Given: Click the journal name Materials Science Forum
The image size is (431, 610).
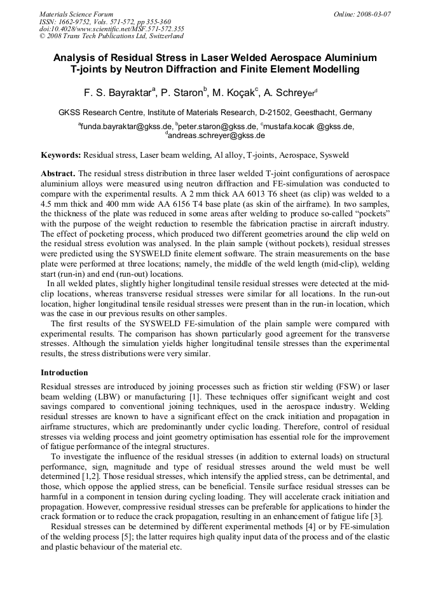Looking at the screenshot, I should [76, 14].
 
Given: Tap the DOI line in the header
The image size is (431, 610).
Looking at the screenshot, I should [112, 29].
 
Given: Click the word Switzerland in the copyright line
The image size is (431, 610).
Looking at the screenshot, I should [163, 36].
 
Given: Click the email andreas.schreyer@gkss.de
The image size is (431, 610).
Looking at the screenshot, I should [217, 135].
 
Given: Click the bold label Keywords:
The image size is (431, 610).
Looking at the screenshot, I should [61, 155].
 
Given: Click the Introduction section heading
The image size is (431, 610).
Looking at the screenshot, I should [64, 372].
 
